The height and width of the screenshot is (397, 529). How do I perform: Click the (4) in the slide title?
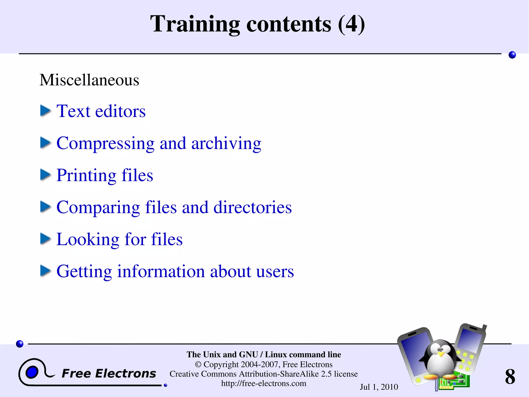coord(351,24)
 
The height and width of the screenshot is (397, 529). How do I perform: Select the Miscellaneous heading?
coord(89,80)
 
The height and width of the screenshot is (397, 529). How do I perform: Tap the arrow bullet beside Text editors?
coord(45,111)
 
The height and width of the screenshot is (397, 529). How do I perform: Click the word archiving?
coord(226,143)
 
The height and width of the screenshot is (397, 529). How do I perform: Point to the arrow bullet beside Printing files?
coord(45,175)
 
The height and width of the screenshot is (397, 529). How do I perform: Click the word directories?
coord(252,207)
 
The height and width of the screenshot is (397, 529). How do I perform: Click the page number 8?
coord(510,376)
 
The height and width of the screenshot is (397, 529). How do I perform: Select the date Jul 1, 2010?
coord(379,387)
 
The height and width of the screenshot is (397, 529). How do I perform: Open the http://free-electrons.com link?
coord(264,383)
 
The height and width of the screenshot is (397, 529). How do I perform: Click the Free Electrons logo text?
coord(109,373)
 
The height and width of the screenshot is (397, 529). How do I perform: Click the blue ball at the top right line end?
coord(512,55)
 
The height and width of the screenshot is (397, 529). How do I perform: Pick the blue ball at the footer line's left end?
coord(20,344)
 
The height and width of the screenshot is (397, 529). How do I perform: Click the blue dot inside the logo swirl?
coord(32,372)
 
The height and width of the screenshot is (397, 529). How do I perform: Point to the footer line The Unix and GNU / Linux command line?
coord(264,354)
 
